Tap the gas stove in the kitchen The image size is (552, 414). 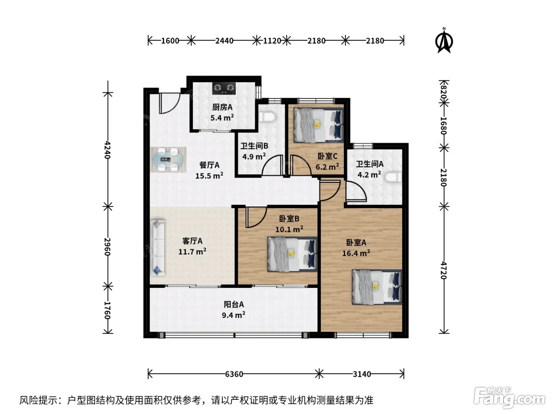[224, 88]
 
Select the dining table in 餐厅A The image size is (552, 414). [168, 160]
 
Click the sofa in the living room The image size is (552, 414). [158, 248]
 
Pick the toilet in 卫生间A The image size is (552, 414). [393, 177]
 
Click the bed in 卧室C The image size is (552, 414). [318, 125]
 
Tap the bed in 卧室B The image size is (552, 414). [292, 254]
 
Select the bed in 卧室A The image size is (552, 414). [377, 287]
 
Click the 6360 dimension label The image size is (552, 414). [234, 374]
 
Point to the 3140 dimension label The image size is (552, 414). [362, 374]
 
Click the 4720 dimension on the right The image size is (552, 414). [444, 270]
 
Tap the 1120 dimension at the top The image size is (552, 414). [272, 41]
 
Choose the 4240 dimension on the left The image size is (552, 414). [108, 150]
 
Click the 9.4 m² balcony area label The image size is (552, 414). [233, 315]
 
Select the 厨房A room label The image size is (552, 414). [222, 107]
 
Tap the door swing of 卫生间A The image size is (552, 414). [356, 191]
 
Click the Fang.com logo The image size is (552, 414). [509, 398]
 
